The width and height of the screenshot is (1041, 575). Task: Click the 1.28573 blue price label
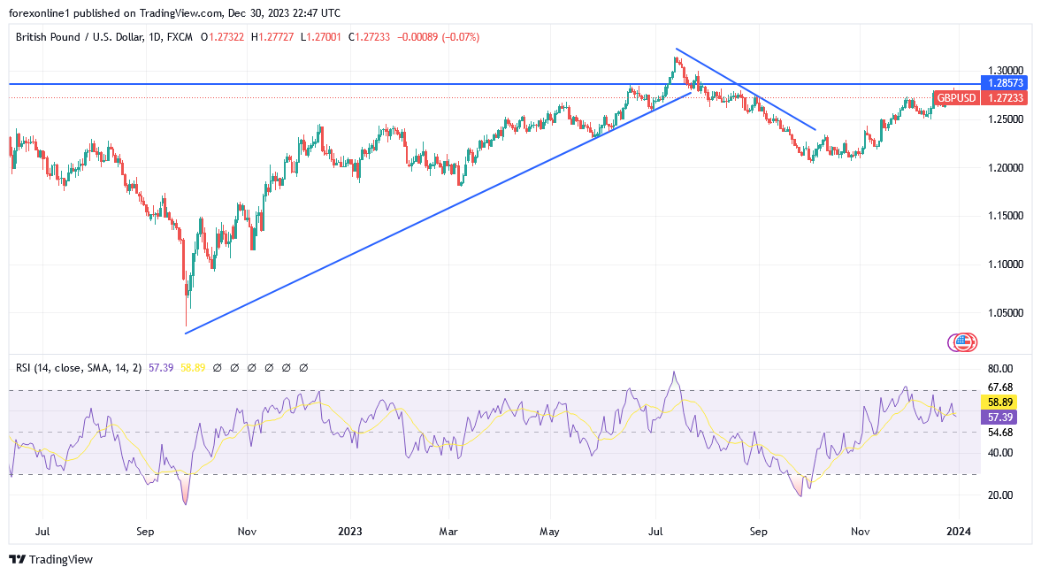[1007, 83]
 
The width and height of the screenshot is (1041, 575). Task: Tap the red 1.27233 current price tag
[1007, 97]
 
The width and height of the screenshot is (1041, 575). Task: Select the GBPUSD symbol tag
[956, 97]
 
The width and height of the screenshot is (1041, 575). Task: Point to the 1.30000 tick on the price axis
[1006, 70]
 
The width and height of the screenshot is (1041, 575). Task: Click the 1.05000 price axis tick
[1006, 312]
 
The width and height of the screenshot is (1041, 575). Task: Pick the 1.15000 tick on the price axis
[1006, 215]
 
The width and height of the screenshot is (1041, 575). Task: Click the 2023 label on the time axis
[349, 533]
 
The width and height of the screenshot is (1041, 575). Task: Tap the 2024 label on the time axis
[959, 533]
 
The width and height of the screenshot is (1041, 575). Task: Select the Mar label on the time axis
[448, 533]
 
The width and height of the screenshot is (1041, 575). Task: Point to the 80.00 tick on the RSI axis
[1000, 368]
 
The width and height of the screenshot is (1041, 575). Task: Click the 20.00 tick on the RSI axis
[1000, 495]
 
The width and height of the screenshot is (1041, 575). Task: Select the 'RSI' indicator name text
[25, 367]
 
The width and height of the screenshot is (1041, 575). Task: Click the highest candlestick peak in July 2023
[676, 58]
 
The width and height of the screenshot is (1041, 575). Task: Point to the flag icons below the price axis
[961, 341]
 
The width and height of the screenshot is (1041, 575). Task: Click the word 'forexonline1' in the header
[41, 12]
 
